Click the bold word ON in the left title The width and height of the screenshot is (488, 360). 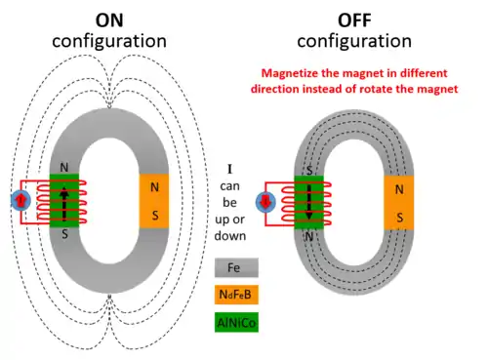109,20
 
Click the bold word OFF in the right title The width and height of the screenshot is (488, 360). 354,20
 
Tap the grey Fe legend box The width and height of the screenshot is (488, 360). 236,267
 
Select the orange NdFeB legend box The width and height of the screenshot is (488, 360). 236,295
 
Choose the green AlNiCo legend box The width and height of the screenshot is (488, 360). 236,322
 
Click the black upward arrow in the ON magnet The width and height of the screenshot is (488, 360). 64,203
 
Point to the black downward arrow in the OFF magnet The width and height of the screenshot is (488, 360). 309,202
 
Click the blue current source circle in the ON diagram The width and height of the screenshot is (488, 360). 20,200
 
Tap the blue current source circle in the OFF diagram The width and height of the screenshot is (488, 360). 265,202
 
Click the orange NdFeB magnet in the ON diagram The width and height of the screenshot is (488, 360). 154,201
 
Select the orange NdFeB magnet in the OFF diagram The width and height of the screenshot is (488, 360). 399,203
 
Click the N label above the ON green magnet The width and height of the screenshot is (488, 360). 64,168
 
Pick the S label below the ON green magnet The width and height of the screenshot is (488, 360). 64,234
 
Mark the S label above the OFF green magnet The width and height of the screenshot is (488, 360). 309,170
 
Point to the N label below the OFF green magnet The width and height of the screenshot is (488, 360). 309,236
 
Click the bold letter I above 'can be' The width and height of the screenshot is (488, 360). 229,169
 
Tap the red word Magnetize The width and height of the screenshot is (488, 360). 290,73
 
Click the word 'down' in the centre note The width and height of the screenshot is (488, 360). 230,235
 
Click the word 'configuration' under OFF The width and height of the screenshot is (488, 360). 354,41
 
